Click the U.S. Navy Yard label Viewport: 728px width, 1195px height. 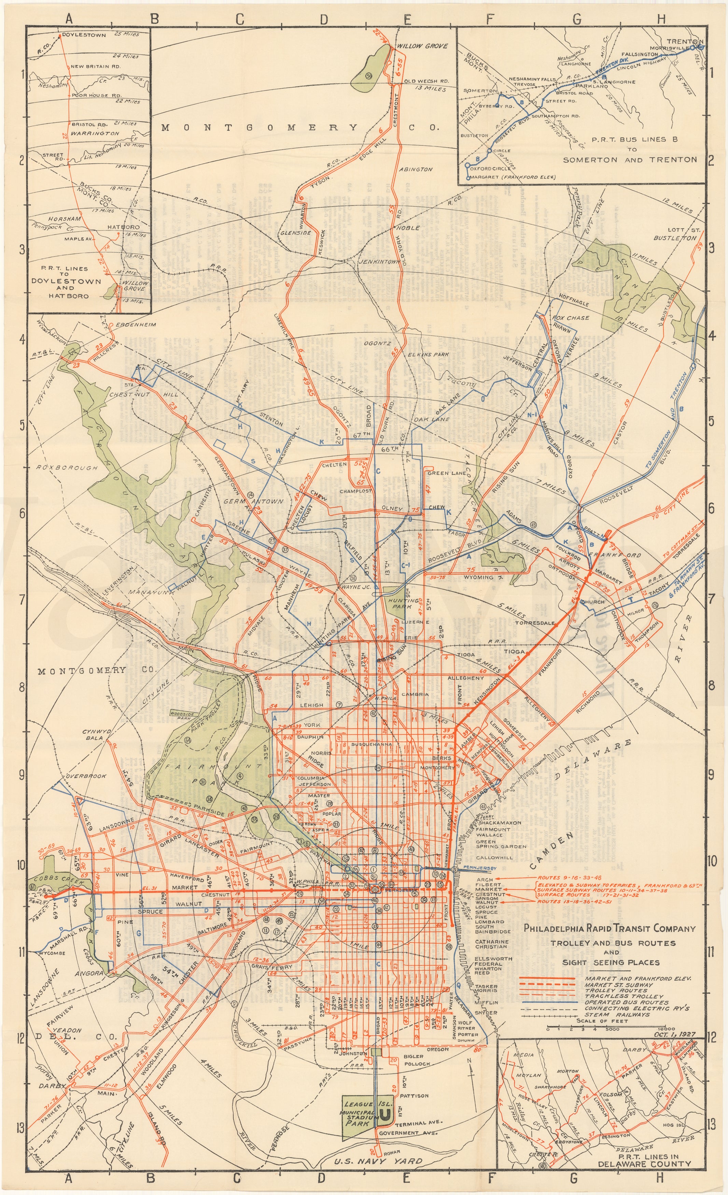coord(377,1185)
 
